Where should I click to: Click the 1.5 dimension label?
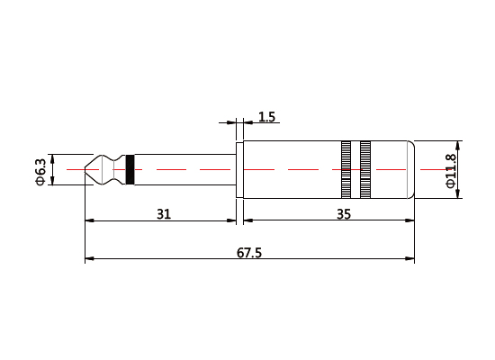coord(266,117)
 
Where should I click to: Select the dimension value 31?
coord(163,213)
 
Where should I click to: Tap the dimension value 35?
coord(343,213)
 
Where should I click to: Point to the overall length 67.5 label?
coord(249,253)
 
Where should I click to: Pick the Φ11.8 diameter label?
coord(451,170)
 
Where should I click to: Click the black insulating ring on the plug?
coord(130,169)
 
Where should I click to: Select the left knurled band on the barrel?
coord(346,169)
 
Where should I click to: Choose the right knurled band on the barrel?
coord(365,169)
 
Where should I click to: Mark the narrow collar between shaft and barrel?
coord(239,169)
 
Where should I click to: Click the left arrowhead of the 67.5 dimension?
coord(88,260)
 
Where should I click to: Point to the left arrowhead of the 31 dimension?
coord(88,220)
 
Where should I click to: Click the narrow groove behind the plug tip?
coord(108,169)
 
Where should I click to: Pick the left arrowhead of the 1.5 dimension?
coord(232,121)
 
